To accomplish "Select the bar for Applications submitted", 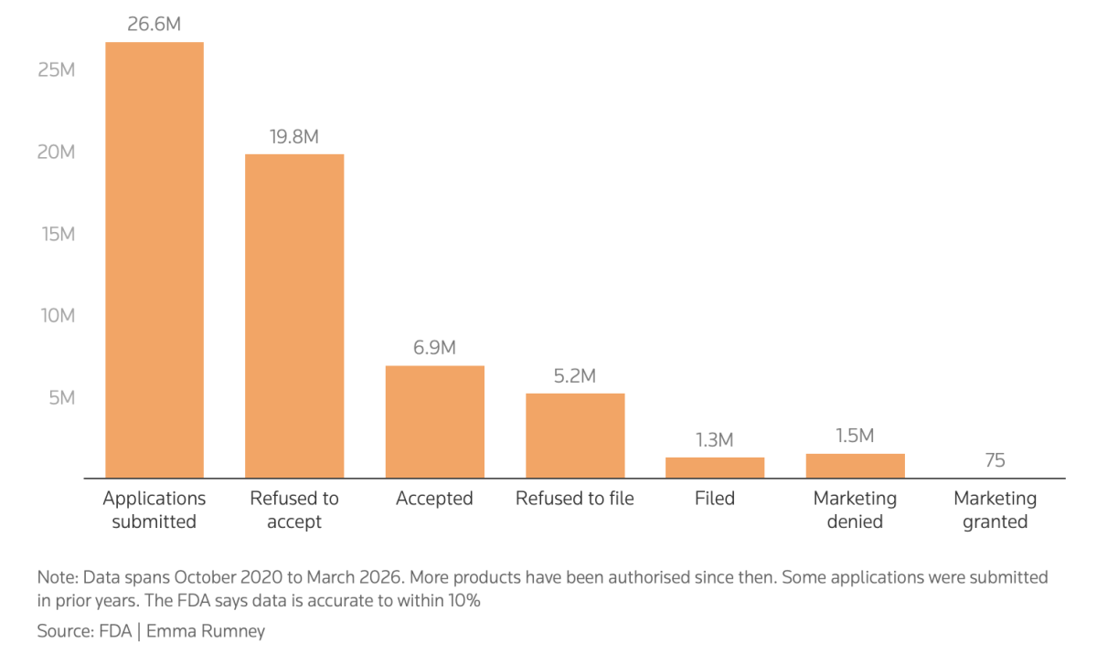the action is click(154, 259).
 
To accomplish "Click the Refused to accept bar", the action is click(294, 316).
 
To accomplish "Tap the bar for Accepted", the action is click(435, 422).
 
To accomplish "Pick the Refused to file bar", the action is click(575, 436).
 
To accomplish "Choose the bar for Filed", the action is click(715, 468).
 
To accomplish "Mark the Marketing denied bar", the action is click(855, 466).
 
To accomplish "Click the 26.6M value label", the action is click(154, 24).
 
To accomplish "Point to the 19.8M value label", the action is click(294, 136).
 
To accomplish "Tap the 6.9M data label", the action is click(434, 348).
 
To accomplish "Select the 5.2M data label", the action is click(575, 376).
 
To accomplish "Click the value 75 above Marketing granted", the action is click(996, 460).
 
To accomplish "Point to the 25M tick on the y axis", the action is click(57, 70).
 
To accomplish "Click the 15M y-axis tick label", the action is click(59, 235).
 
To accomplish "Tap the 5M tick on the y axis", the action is click(62, 397).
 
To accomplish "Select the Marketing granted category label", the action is click(996, 510).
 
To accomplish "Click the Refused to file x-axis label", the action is click(575, 499).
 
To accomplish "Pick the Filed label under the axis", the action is click(715, 499).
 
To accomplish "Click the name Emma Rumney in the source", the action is click(206, 631).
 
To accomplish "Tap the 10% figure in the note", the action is click(463, 600).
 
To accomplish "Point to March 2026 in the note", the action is click(354, 577).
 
